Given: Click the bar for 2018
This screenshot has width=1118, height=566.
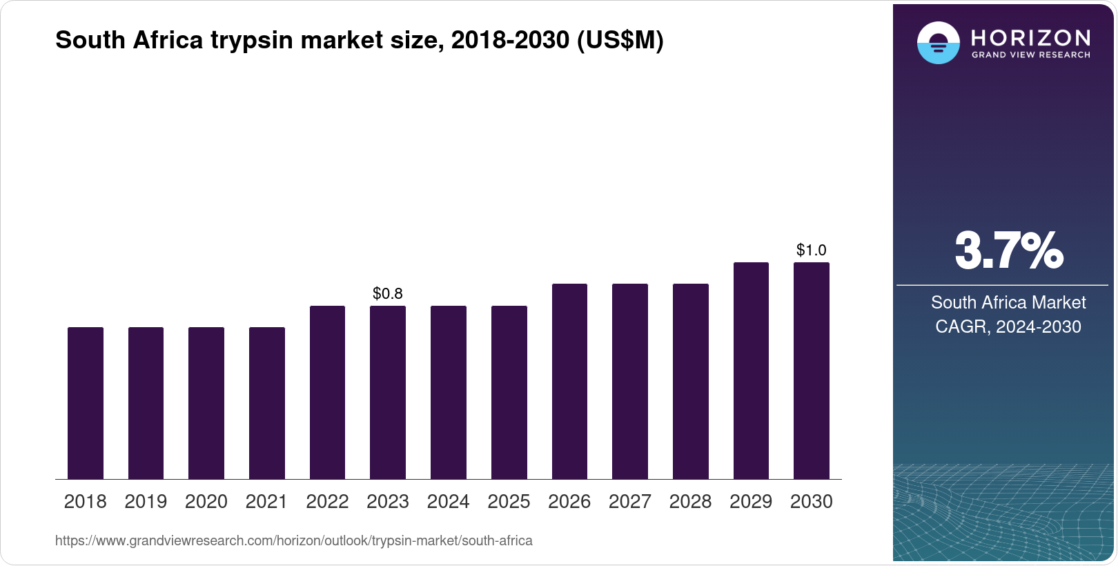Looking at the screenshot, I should pyautogui.click(x=86, y=403).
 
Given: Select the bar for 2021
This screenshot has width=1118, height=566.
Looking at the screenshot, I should pyautogui.click(x=267, y=403).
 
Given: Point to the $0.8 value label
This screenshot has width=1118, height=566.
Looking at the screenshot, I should pyautogui.click(x=388, y=293).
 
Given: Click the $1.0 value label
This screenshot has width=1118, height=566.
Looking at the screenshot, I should pyautogui.click(x=812, y=250).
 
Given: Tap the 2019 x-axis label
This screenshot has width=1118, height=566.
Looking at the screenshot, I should pyautogui.click(x=146, y=501).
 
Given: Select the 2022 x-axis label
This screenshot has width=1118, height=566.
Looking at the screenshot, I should pyautogui.click(x=327, y=501).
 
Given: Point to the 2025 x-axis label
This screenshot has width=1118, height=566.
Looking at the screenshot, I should pyautogui.click(x=509, y=501).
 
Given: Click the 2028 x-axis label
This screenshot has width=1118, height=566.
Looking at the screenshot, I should pyautogui.click(x=690, y=501).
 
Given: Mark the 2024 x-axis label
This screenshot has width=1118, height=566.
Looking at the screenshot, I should pyautogui.click(x=449, y=501).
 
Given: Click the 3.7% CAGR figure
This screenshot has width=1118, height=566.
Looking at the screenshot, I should pyautogui.click(x=1008, y=251).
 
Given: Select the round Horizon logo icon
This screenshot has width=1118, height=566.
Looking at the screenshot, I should pyautogui.click(x=938, y=43).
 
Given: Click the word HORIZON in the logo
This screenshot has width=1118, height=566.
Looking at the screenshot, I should pyautogui.click(x=1030, y=37).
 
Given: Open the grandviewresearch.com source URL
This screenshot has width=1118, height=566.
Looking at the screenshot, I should pyautogui.click(x=294, y=540).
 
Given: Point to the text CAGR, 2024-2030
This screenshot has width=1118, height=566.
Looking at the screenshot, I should pyautogui.click(x=1008, y=326).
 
